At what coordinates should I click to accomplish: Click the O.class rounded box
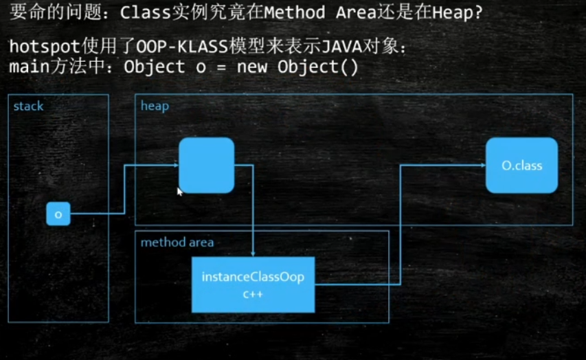[521, 166]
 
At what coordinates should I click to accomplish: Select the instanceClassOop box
[253, 284]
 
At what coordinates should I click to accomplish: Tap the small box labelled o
[58, 214]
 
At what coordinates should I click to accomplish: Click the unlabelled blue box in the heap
[207, 166]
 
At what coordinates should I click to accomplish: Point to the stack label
[28, 106]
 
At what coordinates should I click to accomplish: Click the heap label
[155, 106]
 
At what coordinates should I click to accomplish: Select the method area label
[177, 243]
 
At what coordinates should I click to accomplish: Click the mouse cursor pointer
[180, 192]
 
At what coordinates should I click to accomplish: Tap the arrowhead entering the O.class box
[483, 165]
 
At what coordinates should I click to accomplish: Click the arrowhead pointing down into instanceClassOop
[253, 254]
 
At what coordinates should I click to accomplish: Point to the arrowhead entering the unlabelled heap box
[176, 165]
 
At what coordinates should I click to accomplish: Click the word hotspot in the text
[45, 47]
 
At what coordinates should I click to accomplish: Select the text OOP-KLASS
[182, 47]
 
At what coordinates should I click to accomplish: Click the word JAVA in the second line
[341, 47]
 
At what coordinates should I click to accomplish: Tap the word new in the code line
[252, 67]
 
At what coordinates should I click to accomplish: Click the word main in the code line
[29, 67]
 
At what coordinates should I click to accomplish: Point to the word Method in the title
[295, 13]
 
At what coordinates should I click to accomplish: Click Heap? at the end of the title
[458, 13]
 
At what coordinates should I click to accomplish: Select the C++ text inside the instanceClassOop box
[253, 295]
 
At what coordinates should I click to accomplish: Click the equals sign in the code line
[221, 67]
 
